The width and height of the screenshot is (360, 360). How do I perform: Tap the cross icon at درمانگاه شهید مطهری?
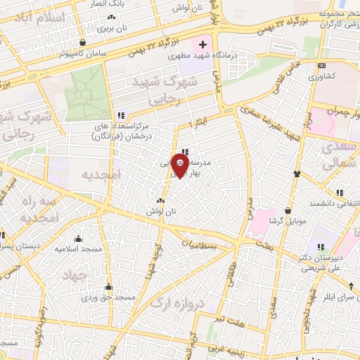(x=203, y=45)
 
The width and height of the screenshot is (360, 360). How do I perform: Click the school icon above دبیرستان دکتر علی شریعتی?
(x=322, y=246)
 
